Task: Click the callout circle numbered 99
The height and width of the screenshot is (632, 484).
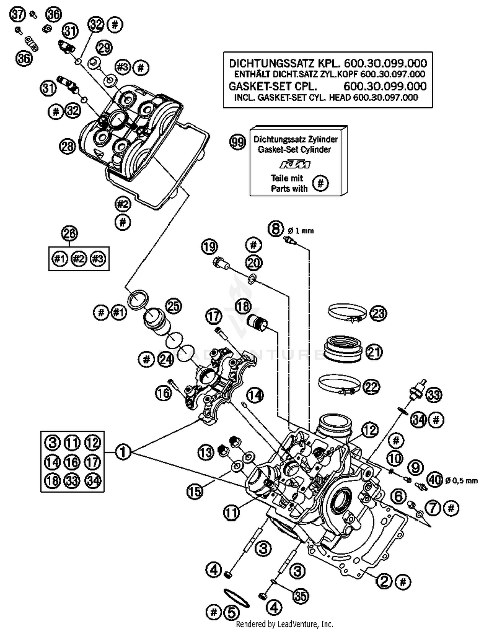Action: (237, 142)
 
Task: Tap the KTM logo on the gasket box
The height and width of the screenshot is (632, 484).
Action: (295, 165)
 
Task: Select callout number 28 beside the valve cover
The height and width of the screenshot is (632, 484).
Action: (67, 147)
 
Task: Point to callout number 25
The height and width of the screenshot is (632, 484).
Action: (174, 306)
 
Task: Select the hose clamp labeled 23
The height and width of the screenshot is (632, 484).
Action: (347, 312)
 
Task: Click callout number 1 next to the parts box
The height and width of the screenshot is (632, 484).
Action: (123, 452)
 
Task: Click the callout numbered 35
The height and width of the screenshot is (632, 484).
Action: (300, 596)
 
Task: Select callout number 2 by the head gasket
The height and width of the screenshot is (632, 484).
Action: (384, 581)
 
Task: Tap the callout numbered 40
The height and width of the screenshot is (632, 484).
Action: (435, 480)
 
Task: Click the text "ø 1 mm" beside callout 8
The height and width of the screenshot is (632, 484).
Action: (300, 231)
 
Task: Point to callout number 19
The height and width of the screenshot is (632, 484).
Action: (209, 247)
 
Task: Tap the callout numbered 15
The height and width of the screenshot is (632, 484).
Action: (195, 491)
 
